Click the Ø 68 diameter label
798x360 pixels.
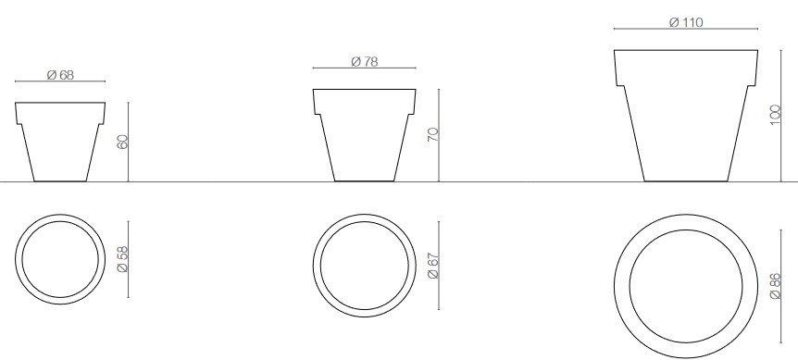click(60, 75)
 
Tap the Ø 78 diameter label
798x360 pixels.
click(363, 61)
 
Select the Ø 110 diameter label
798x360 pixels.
click(686, 22)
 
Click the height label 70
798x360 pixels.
click(431, 135)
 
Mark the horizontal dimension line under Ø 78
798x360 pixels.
click(363, 68)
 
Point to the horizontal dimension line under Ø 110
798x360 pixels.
click(686, 30)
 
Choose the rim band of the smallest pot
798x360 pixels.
click(60, 112)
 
